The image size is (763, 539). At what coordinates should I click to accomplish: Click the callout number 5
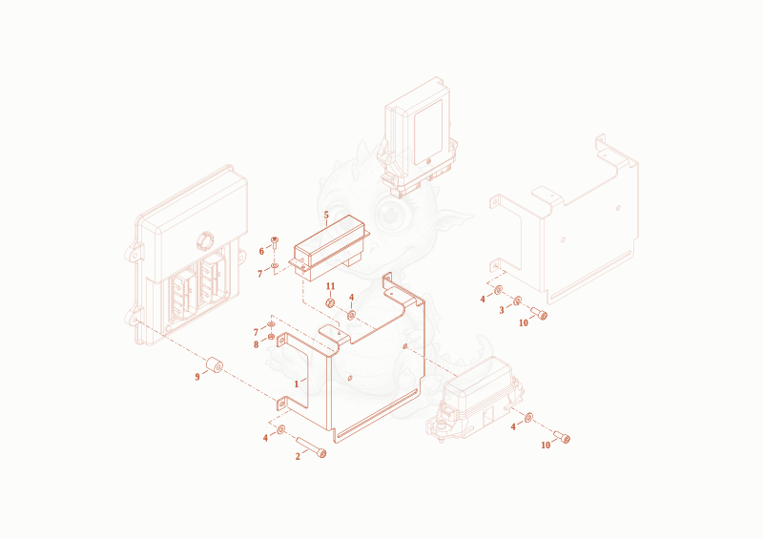(326, 215)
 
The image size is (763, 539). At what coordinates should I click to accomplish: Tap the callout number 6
(261, 251)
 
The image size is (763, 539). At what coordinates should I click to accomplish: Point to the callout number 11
(330, 286)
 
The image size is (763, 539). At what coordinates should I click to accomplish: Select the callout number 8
(256, 344)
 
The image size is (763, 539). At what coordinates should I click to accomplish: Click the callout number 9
(197, 377)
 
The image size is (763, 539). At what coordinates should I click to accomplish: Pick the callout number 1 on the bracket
(297, 384)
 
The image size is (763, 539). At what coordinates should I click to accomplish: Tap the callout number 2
(298, 457)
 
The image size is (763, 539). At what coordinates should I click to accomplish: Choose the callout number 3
(502, 310)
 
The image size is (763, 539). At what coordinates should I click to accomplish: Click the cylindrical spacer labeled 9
(214, 365)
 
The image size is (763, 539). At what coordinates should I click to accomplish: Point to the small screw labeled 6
(275, 242)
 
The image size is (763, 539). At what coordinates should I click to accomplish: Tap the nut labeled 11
(330, 303)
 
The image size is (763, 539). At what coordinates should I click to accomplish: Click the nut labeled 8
(271, 336)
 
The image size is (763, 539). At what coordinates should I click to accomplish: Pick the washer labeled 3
(517, 301)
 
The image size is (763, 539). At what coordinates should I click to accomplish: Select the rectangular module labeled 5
(329, 248)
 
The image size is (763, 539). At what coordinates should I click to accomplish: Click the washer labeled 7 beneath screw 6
(275, 265)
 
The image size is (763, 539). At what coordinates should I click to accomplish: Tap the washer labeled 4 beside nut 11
(351, 315)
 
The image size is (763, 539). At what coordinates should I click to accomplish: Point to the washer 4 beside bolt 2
(280, 430)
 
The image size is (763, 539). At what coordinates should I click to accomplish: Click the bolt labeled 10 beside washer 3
(539, 313)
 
